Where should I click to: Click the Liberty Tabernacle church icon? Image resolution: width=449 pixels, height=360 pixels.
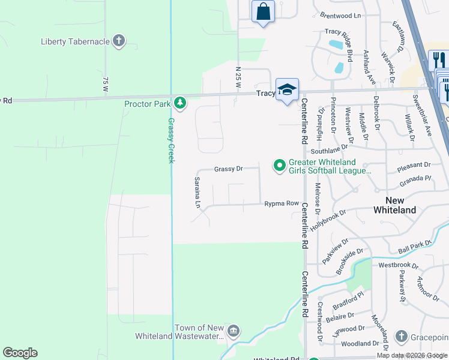pos(119,41)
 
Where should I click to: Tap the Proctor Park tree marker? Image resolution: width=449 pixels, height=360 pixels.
pos(179,103)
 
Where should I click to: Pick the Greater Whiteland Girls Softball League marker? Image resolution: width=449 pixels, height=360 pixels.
pos(279,164)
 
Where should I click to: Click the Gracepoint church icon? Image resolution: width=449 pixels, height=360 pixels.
pos(402,336)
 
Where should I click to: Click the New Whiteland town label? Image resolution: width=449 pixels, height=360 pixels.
pos(394,205)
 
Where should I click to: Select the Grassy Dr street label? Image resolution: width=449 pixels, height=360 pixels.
pos(228,169)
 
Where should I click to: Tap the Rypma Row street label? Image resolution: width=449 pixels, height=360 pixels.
pos(282,204)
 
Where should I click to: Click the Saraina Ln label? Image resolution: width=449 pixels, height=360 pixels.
pos(197,192)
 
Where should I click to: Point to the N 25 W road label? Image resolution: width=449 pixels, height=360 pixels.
pos(238,77)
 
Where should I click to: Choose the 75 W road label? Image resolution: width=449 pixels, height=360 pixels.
pos(105,83)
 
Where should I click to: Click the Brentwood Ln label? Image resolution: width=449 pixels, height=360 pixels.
pos(343,16)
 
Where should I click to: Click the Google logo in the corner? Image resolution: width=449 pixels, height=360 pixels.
pos(20,353)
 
